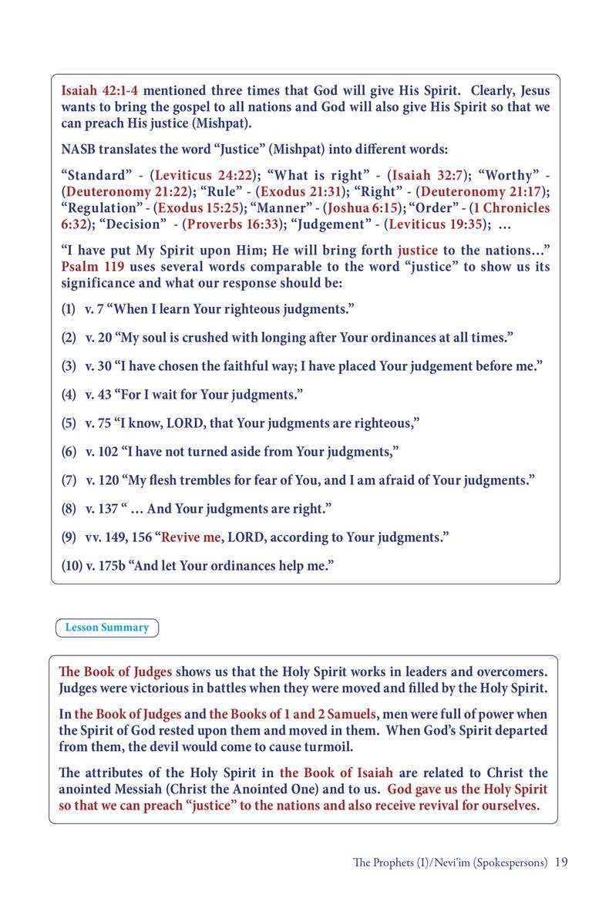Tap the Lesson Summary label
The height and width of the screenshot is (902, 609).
click(x=107, y=628)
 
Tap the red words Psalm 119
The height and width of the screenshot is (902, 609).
click(x=86, y=268)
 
